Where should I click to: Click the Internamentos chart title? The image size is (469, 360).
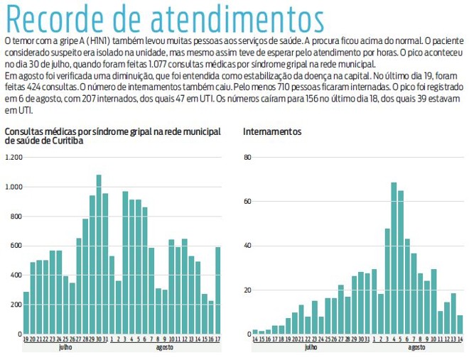[x=272, y=132]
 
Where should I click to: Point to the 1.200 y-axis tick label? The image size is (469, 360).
[x=13, y=157]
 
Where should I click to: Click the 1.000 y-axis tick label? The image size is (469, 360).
[x=13, y=187]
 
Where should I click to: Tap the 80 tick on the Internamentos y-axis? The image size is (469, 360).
[x=247, y=157]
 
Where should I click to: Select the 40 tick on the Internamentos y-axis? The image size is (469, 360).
[x=247, y=246]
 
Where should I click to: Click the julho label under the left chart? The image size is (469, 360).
[x=65, y=348]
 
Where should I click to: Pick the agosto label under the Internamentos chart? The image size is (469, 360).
[x=417, y=348]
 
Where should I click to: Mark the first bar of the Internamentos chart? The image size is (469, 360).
[x=255, y=332]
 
